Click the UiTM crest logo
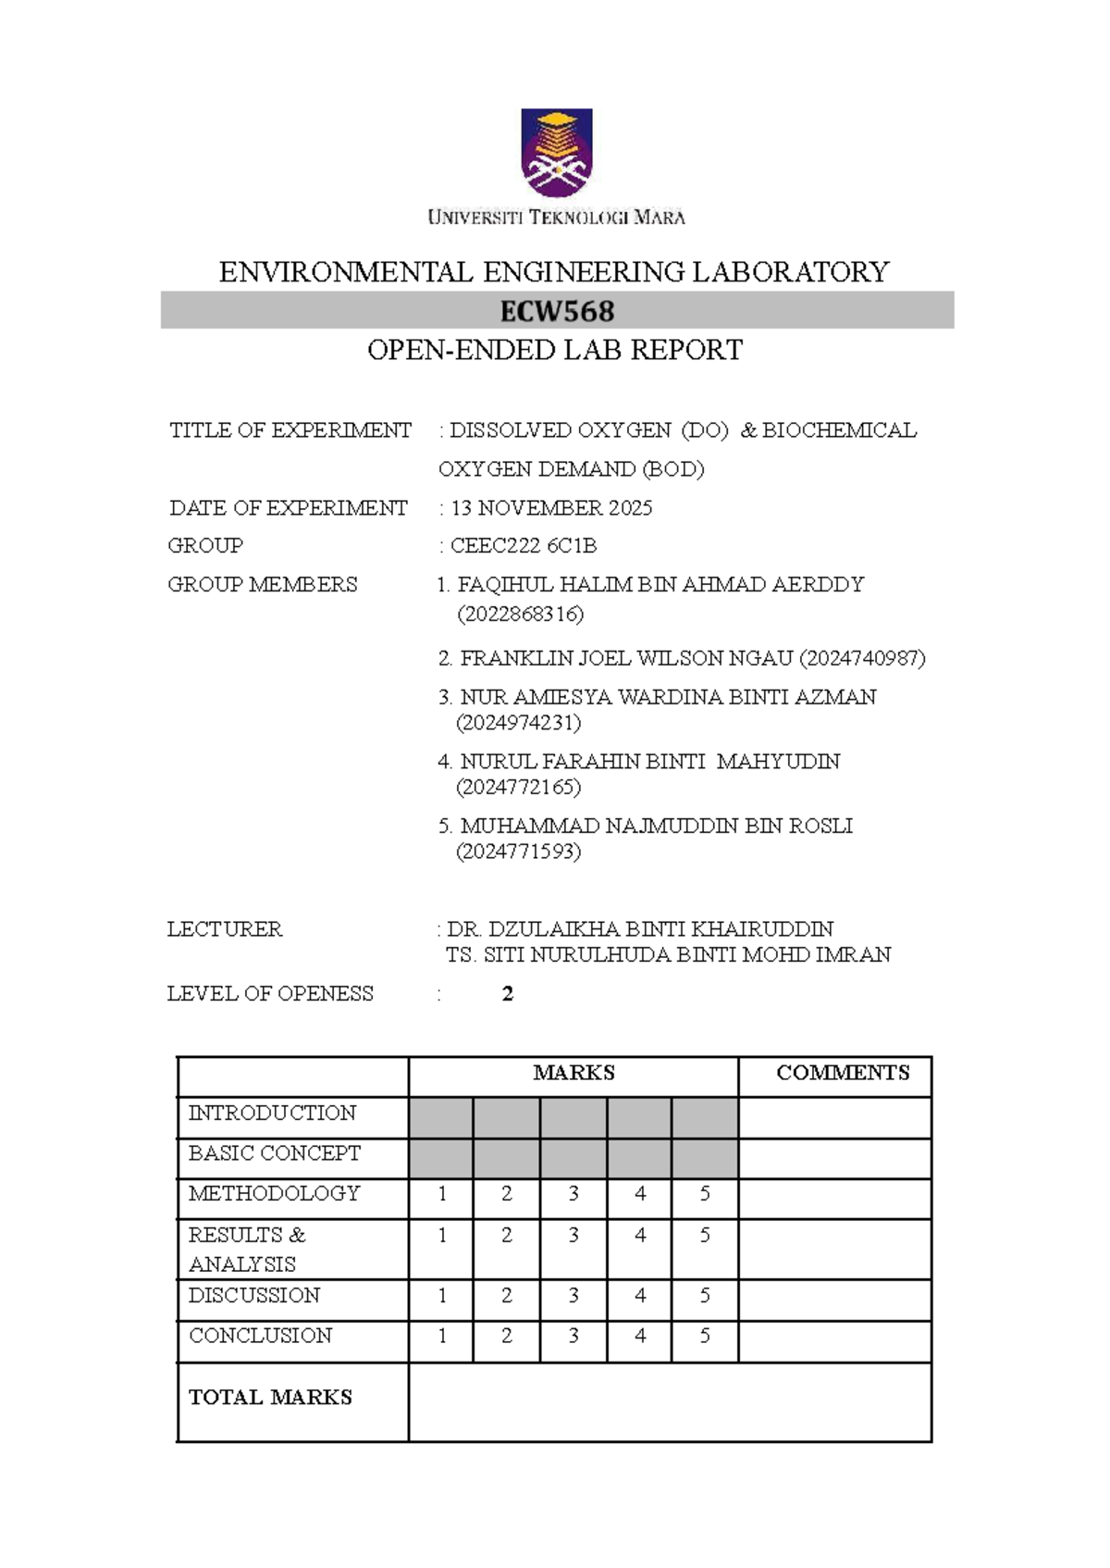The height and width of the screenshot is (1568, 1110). coord(556,153)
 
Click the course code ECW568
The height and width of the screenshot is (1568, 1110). coord(557,311)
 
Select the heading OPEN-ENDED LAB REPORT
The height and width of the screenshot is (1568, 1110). coord(555,351)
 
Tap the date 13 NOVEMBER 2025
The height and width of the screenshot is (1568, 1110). coord(551,508)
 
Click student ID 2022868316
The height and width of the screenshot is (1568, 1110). coord(521,615)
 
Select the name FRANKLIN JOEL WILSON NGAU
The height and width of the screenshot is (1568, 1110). coord(626,658)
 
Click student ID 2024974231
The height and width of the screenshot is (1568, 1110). coord(519,723)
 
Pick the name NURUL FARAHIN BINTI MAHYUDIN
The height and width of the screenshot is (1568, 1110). coord(649,762)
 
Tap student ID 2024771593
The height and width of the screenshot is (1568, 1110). coord(519,852)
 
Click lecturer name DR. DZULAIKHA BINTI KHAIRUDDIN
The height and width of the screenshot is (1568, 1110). coord(640,929)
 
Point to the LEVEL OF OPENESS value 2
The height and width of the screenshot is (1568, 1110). coord(507,994)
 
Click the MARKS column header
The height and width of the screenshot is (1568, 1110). coord(573,1073)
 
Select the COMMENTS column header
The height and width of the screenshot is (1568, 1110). coord(843,1073)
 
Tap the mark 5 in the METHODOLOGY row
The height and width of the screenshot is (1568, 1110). coord(705,1194)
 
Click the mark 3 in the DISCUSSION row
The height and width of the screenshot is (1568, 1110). coord(573,1296)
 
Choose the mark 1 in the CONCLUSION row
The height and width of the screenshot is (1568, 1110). coord(442,1337)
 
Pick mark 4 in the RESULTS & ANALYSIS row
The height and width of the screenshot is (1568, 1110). coord(640,1236)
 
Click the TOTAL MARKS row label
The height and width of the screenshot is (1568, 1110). coord(270,1398)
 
